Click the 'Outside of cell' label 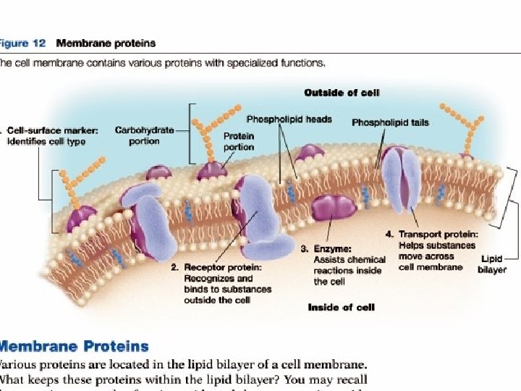click(342, 93)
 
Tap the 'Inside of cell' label click(341, 307)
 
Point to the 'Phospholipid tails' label click(390, 122)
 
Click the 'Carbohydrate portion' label click(145, 135)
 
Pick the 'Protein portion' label click(238, 140)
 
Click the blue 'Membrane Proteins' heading click(74, 347)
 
